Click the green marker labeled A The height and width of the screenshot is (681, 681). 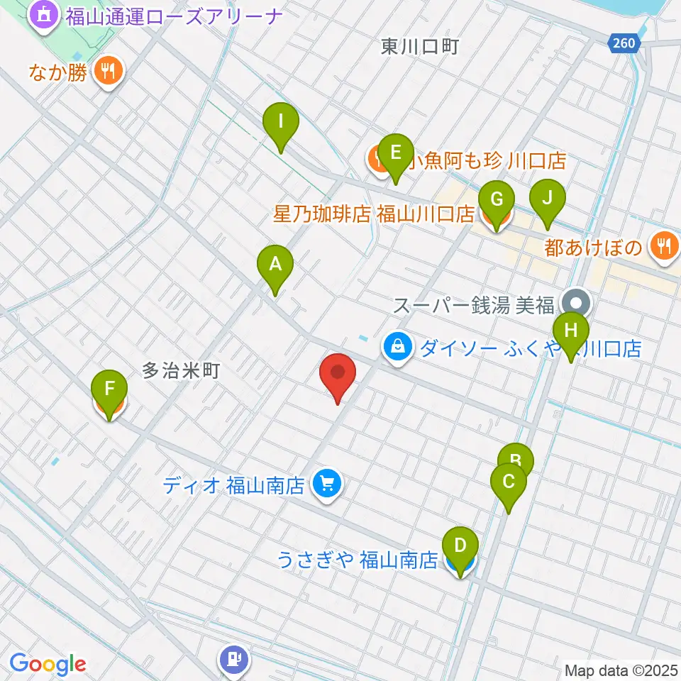275,267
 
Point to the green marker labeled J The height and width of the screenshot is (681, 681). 547,199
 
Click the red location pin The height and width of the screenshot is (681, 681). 338,373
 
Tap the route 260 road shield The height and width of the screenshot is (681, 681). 624,44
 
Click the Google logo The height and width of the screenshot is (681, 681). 48,664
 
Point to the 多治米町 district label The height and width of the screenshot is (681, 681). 181,370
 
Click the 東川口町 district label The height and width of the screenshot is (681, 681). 420,47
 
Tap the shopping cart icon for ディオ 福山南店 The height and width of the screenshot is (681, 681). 327,485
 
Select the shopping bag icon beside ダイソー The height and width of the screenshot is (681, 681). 398,348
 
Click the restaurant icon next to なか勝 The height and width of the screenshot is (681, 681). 109,70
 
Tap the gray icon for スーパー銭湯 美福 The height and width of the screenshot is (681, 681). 576,303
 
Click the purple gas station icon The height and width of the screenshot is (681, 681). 235,660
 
